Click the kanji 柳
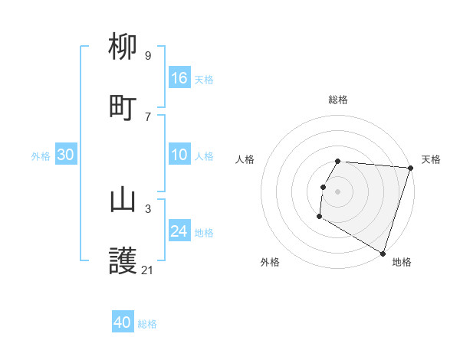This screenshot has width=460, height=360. click(123, 48)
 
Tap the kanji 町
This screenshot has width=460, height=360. click(123, 108)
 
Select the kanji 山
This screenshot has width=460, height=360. click(123, 200)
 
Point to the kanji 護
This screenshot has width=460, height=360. click(123, 261)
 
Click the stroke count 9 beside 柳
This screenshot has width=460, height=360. click(147, 56)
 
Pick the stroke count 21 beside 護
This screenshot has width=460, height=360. click(148, 270)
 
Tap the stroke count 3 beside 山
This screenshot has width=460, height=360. click(147, 208)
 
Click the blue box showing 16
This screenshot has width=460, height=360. click(179, 78)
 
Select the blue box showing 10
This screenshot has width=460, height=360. click(179, 155)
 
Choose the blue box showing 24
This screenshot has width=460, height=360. click(179, 231)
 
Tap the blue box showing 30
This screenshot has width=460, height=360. click(66, 155)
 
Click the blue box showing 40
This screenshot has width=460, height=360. click(123, 322)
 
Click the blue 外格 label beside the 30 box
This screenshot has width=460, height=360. click(41, 156)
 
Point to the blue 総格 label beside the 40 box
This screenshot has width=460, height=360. click(147, 324)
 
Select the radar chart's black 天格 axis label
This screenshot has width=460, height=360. click(431, 159)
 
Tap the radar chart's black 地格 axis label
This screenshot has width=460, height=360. click(402, 262)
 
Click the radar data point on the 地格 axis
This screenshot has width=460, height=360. click(383, 253)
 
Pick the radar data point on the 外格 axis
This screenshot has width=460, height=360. click(319, 217)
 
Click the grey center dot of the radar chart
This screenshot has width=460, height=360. click(338, 191)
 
